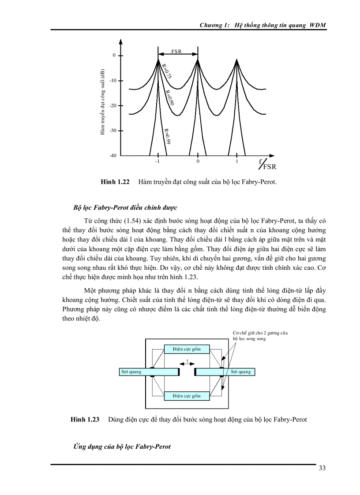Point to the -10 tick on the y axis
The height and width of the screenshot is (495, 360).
point(113,81)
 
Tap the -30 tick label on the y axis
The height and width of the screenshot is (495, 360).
point(113,130)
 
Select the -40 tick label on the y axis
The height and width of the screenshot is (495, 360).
point(113,156)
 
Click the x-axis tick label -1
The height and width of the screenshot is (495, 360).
point(157,162)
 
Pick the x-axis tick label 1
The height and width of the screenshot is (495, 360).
point(236,162)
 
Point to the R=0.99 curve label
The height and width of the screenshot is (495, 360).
point(167,136)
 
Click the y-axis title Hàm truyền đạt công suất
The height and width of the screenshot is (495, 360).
point(102,102)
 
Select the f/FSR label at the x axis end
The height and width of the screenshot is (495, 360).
point(267,165)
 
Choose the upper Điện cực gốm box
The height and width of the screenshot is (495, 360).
point(187,349)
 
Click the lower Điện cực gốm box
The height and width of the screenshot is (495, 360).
point(187,396)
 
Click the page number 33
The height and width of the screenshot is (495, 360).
point(322,468)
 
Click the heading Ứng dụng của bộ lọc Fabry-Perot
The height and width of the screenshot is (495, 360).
point(122,447)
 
